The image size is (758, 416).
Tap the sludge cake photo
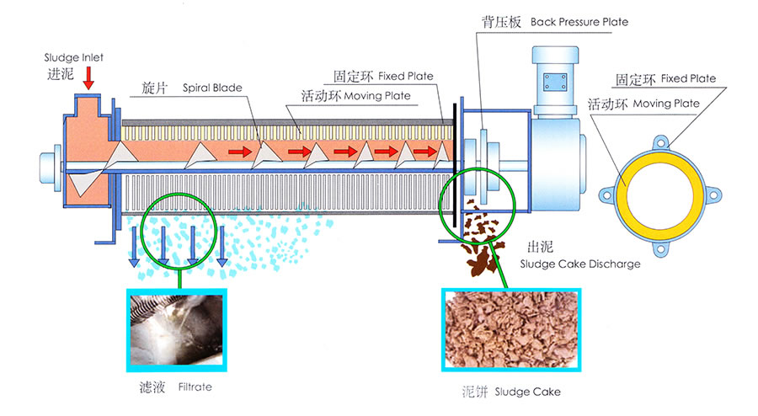tap(511, 329)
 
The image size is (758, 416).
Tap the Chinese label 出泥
tap(540, 248)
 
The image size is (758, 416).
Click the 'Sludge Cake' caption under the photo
tap(527, 392)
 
